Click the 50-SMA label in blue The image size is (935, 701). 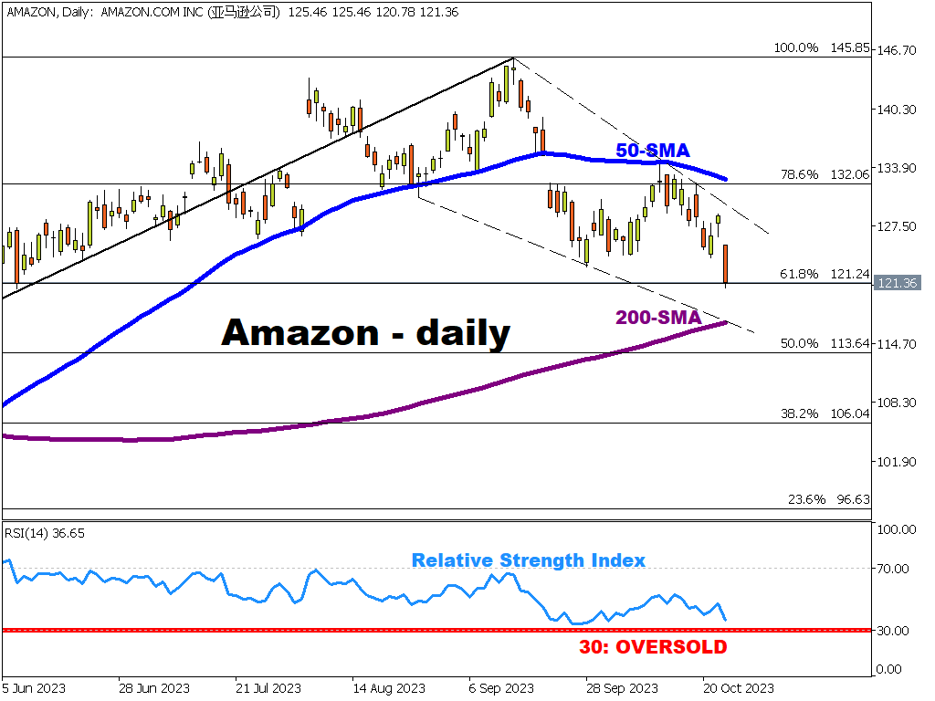click(x=652, y=151)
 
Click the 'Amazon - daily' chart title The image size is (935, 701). click(x=365, y=332)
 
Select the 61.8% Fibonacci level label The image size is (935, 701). click(x=799, y=274)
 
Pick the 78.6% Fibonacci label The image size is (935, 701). click(x=799, y=174)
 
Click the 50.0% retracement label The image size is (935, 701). click(x=799, y=343)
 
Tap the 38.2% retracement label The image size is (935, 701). click(x=799, y=413)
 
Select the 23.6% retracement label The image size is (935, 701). click(x=806, y=499)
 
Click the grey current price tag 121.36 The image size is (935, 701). click(x=897, y=283)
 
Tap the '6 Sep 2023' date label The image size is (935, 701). click(x=501, y=687)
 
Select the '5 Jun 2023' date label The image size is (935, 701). click(x=35, y=687)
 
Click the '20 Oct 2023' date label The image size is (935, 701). click(x=739, y=687)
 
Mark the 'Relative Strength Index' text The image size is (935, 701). click(x=528, y=560)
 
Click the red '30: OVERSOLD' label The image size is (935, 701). click(x=653, y=647)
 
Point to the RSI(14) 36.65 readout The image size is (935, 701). click(x=46, y=533)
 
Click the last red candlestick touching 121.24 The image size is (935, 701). click(x=726, y=264)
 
